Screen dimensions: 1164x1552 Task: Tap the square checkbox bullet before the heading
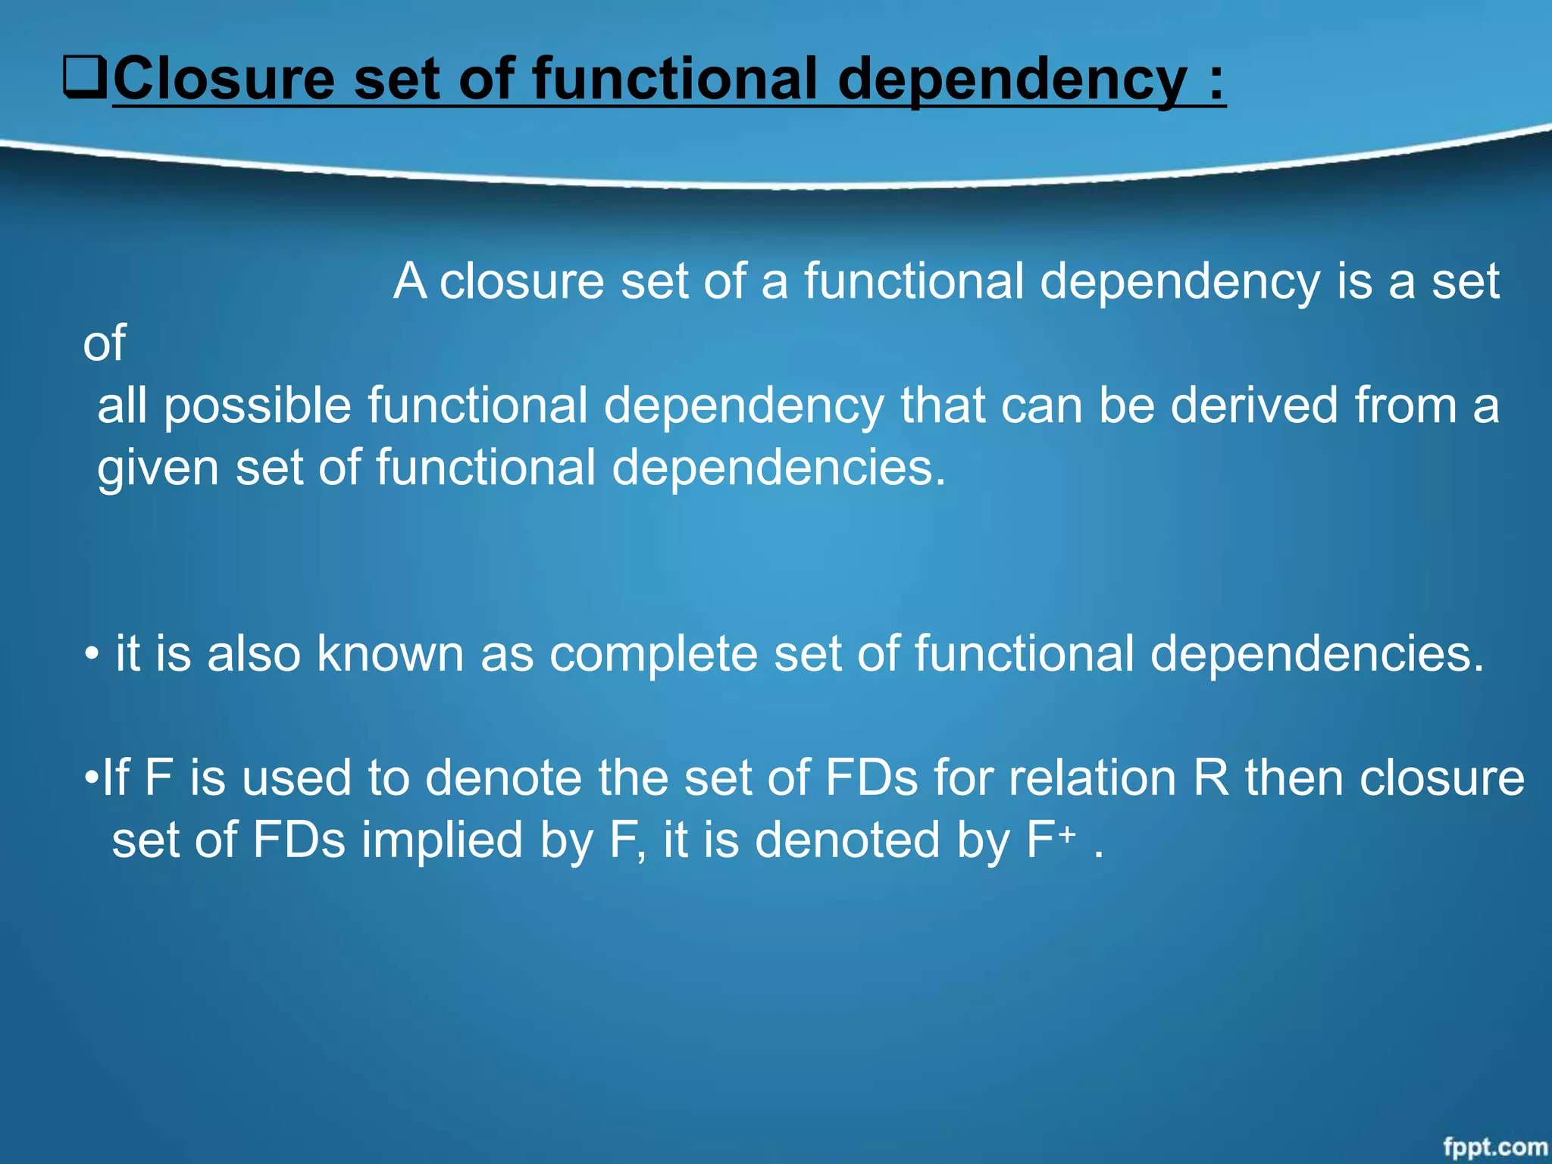(85, 78)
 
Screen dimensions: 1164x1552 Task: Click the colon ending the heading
(1216, 82)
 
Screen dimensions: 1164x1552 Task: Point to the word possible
(258, 406)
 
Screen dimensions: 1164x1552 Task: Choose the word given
(158, 468)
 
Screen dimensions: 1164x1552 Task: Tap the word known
(390, 653)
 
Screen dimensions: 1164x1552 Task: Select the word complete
(652, 653)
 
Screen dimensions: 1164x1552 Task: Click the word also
(254, 653)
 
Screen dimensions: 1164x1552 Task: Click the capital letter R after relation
(1210, 778)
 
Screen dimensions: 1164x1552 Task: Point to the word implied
(442, 841)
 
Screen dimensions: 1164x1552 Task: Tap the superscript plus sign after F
(1067, 834)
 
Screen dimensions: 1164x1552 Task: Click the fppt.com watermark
(1494, 1147)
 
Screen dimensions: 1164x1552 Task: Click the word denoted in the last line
(847, 840)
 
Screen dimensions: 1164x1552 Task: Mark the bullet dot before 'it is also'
(91, 655)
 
